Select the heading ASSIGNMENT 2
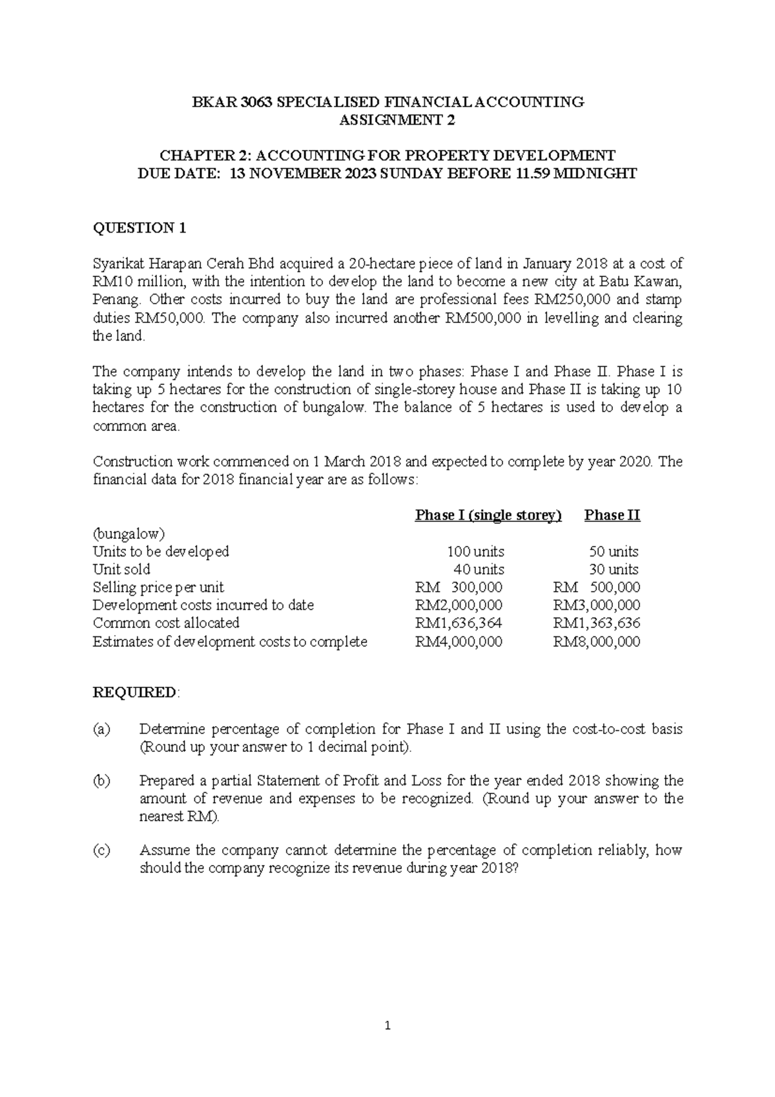tap(387, 120)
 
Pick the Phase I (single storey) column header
tap(488, 515)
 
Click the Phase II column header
tap(612, 515)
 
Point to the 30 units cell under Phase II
tap(614, 570)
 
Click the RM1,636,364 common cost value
tap(459, 623)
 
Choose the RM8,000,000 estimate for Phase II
tap(597, 642)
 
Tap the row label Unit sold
tap(121, 570)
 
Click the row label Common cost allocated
tap(166, 623)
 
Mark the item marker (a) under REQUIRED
tap(101, 729)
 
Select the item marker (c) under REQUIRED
tap(101, 850)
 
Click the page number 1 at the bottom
tap(387, 1025)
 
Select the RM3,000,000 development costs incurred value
tap(597, 605)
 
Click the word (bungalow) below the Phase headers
tap(129, 534)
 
